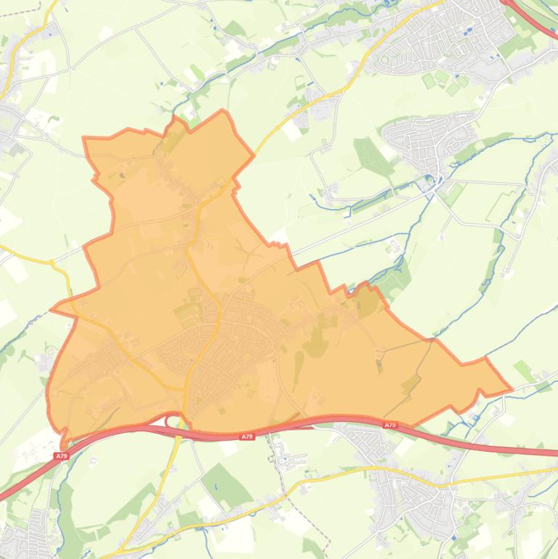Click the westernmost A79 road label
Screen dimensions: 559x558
[x=61, y=456]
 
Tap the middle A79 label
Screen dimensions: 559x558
[x=247, y=436]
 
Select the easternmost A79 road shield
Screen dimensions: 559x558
[x=390, y=425]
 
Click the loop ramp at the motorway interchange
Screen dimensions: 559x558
[x=173, y=420]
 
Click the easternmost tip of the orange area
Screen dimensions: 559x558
[x=511, y=389]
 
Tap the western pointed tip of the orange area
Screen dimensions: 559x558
[x=52, y=309]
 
